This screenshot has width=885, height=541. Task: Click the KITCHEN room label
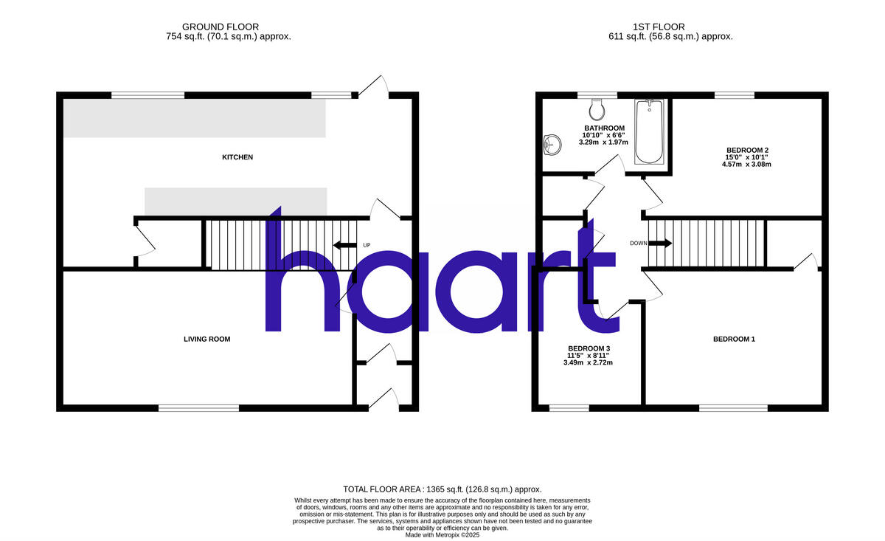tap(237, 157)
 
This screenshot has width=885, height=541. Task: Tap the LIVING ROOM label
tap(206, 340)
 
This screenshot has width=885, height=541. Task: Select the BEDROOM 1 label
tap(734, 340)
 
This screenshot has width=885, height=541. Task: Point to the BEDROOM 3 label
tap(589, 348)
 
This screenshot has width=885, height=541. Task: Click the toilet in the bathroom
tap(597, 111)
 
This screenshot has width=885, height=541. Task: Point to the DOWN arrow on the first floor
tap(660, 243)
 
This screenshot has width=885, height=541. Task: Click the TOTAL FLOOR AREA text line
tap(442, 489)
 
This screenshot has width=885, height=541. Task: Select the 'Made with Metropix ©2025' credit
tap(442, 535)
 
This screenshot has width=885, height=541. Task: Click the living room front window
tap(198, 407)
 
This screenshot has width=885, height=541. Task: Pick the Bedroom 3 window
tap(569, 407)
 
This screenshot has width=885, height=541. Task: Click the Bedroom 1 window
tap(733, 407)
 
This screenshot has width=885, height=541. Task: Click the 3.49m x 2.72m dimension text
tap(589, 362)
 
